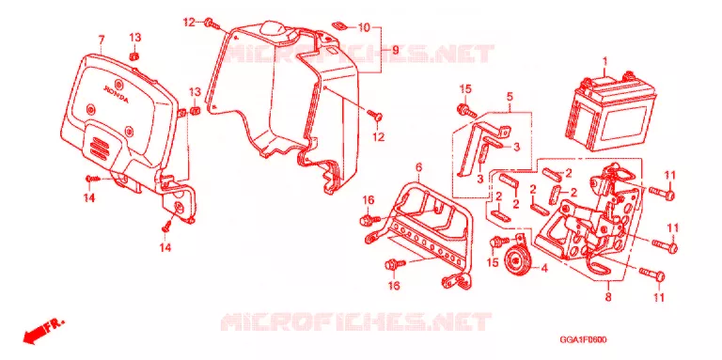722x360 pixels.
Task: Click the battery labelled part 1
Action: click(612, 114)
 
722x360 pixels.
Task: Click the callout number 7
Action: click(102, 39)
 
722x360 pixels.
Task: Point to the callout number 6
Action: click(418, 167)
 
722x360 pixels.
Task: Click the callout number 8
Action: click(608, 297)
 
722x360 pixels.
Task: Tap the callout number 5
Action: click(510, 96)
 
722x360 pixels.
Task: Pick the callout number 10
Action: click(364, 27)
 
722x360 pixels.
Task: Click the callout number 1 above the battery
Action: click(605, 61)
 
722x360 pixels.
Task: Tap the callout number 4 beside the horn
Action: click(543, 268)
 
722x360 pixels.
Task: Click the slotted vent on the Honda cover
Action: click(101, 145)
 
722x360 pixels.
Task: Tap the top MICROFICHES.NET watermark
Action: click(358, 54)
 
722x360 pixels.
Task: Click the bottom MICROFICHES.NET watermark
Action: click(356, 321)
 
